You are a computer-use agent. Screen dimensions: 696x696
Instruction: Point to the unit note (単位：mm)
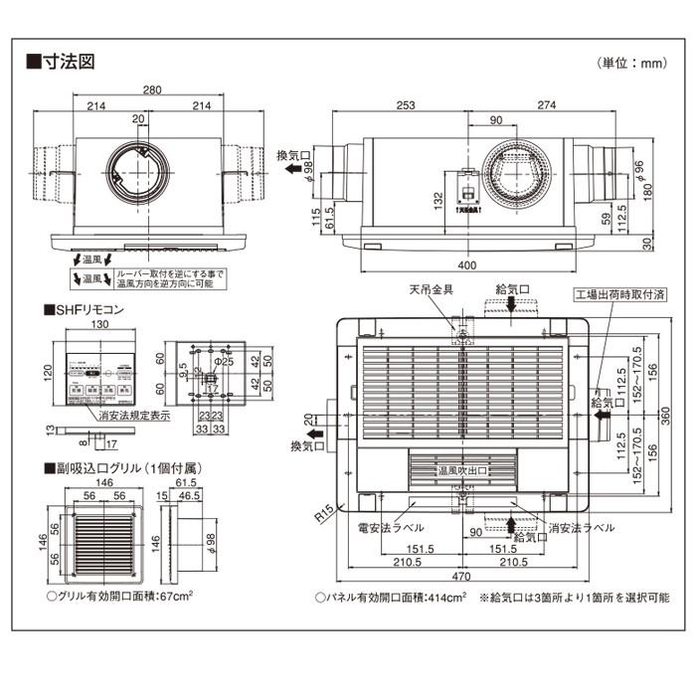point(630,64)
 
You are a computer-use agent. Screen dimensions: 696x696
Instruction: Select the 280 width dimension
point(151,90)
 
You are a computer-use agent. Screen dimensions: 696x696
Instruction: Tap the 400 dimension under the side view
point(467,265)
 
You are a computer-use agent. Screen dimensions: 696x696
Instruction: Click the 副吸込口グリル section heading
point(110,466)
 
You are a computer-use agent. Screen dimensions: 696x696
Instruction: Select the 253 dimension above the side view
point(405,104)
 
